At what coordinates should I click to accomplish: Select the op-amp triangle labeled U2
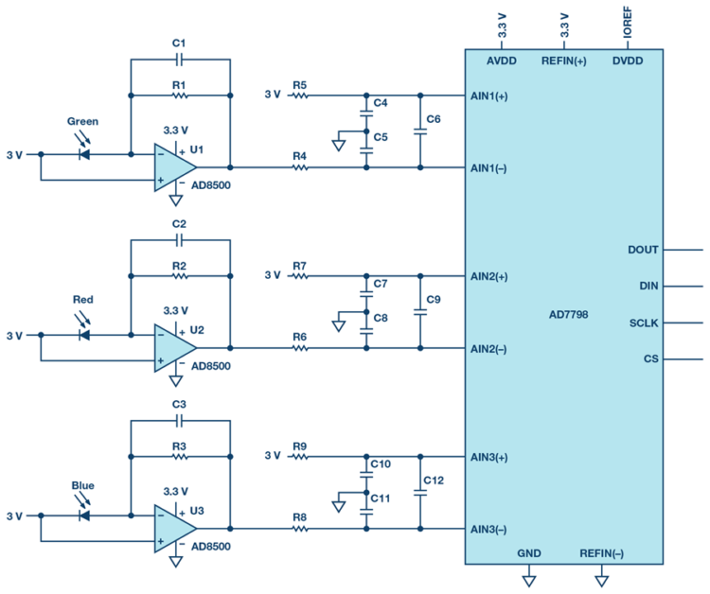tap(173, 348)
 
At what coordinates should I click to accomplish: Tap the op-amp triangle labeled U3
tap(173, 529)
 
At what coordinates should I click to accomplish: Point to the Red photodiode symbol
tap(83, 334)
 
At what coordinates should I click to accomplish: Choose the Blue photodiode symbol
tap(83, 515)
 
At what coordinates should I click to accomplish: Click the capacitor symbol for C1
tap(180, 59)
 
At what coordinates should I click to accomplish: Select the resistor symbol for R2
tap(180, 276)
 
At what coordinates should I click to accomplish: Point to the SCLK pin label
tap(643, 323)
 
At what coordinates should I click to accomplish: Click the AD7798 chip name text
tap(569, 313)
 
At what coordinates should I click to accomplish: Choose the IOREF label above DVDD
tap(626, 26)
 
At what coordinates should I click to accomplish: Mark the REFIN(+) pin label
tap(564, 61)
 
